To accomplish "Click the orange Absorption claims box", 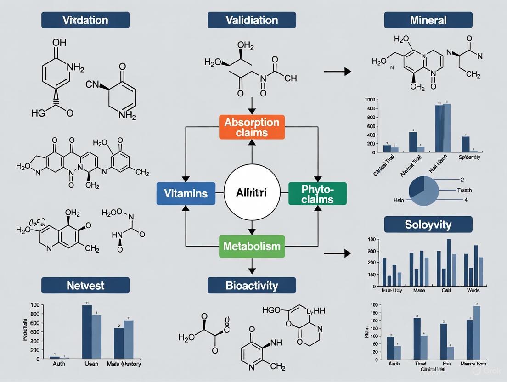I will click(x=252, y=127).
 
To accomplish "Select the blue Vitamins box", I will click(x=185, y=193).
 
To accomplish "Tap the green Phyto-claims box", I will click(x=317, y=193).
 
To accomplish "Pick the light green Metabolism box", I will click(x=252, y=246).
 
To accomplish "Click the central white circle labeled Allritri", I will click(x=251, y=193).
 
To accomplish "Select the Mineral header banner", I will click(x=428, y=20).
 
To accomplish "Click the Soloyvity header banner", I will click(x=428, y=225).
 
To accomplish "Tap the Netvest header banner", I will click(x=85, y=285).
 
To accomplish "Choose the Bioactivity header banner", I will click(x=252, y=285).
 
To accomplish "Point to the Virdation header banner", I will click(x=85, y=20).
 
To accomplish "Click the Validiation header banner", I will click(x=252, y=20).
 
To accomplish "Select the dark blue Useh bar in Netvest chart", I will click(x=87, y=331).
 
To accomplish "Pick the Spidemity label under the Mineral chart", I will click(x=469, y=157).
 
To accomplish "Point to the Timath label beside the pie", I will click(x=464, y=190).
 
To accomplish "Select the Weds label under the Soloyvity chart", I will click(x=473, y=291).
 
